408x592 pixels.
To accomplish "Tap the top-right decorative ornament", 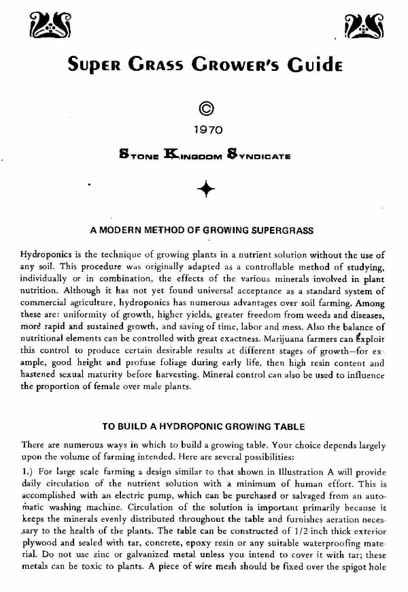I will pos(361,26).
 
